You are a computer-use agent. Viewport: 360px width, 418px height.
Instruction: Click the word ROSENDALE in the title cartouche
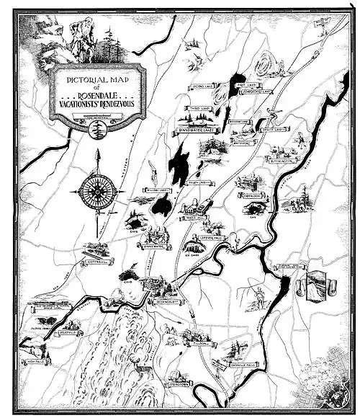coord(97,94)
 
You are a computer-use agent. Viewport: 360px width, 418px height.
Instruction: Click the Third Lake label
coord(195,107)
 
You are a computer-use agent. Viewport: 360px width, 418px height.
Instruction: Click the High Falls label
coord(34,363)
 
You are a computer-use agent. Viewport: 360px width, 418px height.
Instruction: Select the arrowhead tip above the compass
coord(96,151)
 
